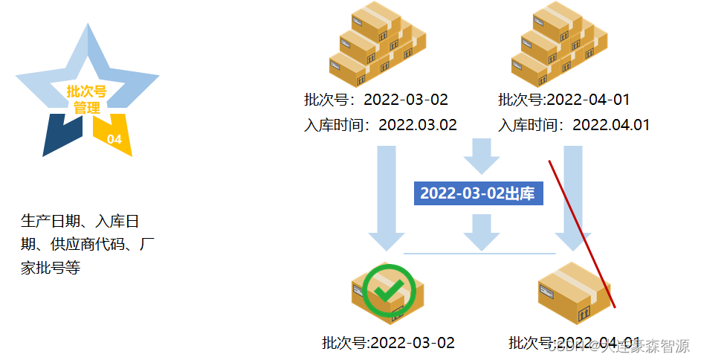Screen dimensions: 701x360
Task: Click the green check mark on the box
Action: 387,292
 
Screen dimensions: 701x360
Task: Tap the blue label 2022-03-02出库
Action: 477,193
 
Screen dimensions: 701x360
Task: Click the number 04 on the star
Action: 114,139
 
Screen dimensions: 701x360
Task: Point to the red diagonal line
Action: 582,232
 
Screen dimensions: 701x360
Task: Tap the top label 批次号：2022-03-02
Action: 376,100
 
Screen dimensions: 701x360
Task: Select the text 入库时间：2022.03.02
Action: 381,125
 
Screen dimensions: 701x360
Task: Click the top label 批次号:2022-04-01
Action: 564,100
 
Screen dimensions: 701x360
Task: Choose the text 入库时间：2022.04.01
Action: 574,125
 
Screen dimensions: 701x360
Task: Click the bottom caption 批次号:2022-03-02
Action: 388,343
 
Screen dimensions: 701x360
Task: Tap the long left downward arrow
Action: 387,197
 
